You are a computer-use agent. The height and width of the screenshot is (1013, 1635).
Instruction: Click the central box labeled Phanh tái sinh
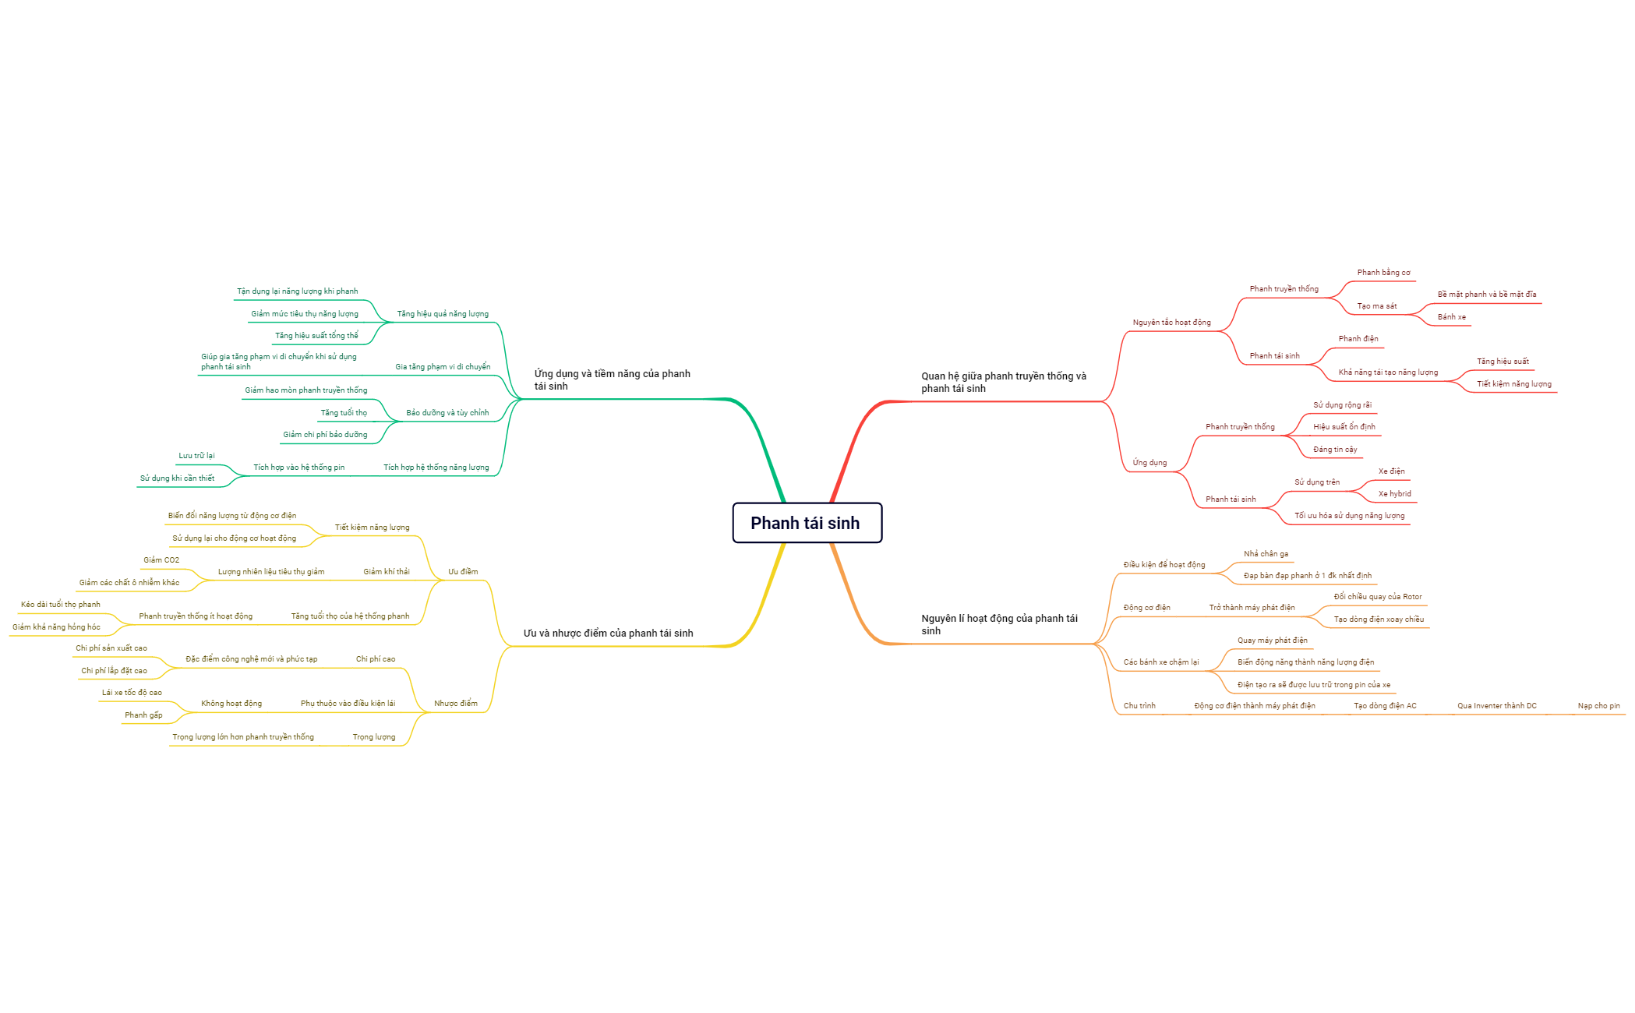point(807,523)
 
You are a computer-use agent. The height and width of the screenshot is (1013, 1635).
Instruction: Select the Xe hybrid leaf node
point(1394,494)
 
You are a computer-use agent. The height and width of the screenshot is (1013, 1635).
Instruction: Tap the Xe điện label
point(1391,471)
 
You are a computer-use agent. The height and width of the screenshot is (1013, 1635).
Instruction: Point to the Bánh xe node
point(1451,317)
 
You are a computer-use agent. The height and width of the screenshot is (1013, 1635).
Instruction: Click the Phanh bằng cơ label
point(1383,273)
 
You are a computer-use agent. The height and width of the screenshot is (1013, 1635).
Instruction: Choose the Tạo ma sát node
point(1376,306)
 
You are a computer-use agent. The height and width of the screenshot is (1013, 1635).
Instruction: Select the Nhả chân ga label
point(1266,554)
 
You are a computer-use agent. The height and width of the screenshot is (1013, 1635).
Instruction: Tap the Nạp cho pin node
point(1598,706)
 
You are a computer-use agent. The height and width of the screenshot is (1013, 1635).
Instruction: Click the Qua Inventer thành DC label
point(1496,706)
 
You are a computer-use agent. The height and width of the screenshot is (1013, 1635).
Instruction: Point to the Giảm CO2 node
point(161,560)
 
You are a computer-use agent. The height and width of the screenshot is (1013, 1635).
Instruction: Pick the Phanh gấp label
point(143,715)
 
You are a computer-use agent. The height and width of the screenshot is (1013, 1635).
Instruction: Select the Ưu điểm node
point(463,572)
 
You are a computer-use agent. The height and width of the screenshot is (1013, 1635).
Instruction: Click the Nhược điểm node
point(455,704)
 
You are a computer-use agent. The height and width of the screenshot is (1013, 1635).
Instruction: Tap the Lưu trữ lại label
point(196,456)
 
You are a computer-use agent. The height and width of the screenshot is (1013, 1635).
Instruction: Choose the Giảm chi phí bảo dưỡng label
point(325,435)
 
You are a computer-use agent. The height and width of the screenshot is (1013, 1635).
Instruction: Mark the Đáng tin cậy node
point(1334,450)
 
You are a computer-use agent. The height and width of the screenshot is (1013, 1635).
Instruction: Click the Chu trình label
point(1139,706)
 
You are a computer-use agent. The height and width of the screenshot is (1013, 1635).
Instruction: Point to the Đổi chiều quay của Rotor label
point(1377,597)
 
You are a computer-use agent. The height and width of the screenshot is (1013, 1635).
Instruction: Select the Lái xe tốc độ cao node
point(132,693)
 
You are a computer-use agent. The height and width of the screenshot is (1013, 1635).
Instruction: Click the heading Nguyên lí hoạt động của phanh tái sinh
point(999,625)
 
